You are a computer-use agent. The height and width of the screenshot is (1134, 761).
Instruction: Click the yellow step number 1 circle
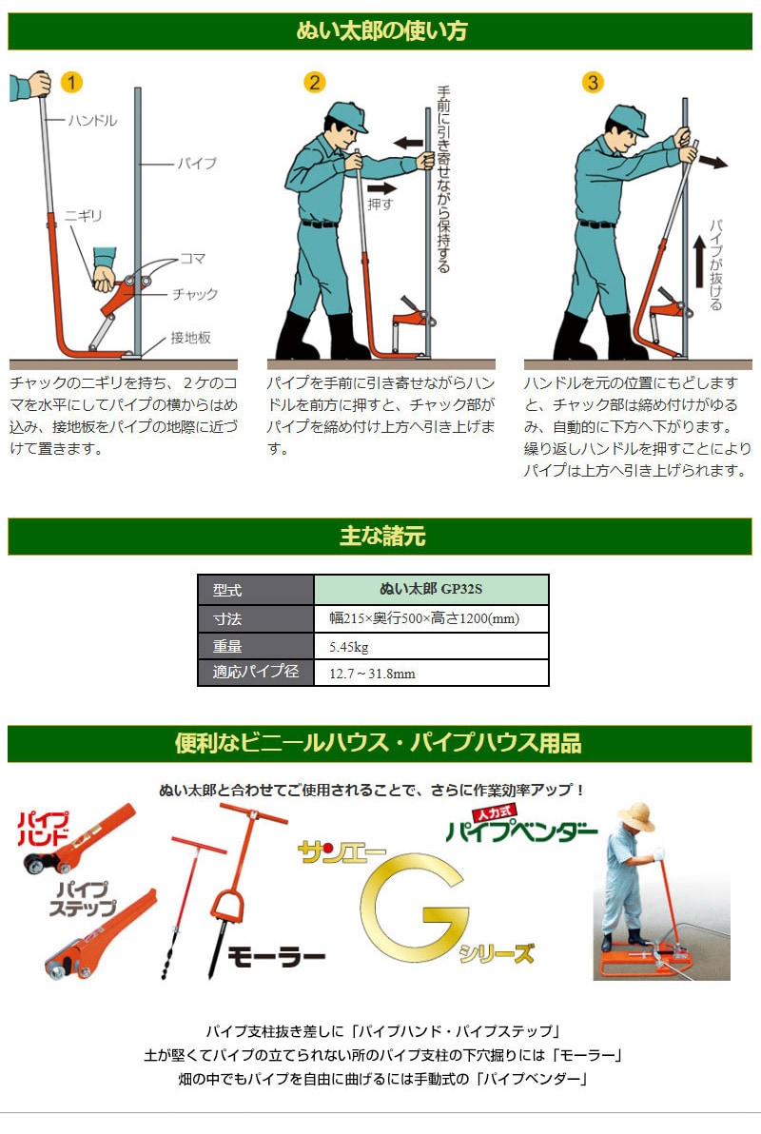pyautogui.click(x=71, y=82)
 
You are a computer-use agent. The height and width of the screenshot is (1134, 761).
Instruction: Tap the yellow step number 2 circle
pyautogui.click(x=314, y=82)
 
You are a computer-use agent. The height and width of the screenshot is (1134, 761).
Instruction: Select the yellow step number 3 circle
pyautogui.click(x=593, y=82)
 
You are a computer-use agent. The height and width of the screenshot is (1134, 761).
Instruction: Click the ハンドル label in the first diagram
pyautogui.click(x=92, y=120)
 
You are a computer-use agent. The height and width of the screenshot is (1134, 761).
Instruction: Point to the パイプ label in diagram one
pyautogui.click(x=197, y=164)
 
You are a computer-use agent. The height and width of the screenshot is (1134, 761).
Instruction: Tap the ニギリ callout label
pyautogui.click(x=83, y=216)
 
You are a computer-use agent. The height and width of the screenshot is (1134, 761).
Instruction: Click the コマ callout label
pyautogui.click(x=192, y=258)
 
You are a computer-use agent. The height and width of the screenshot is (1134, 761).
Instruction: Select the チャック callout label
pyautogui.click(x=195, y=294)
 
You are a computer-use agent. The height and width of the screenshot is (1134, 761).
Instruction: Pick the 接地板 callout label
pyautogui.click(x=190, y=337)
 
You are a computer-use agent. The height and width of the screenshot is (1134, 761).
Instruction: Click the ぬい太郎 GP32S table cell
pyautogui.click(x=431, y=590)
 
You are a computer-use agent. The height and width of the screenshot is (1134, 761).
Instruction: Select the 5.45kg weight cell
pyautogui.click(x=431, y=647)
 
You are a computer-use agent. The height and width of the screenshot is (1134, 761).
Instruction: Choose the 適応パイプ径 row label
pyautogui.click(x=256, y=672)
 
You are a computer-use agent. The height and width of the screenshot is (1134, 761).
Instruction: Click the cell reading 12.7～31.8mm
pyautogui.click(x=431, y=674)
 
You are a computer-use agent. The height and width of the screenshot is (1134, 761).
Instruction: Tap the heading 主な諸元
pyautogui.click(x=382, y=536)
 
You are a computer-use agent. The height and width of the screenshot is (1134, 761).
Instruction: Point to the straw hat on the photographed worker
pyautogui.click(x=635, y=816)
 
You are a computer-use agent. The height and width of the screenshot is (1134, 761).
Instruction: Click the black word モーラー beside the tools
pyautogui.click(x=276, y=957)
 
